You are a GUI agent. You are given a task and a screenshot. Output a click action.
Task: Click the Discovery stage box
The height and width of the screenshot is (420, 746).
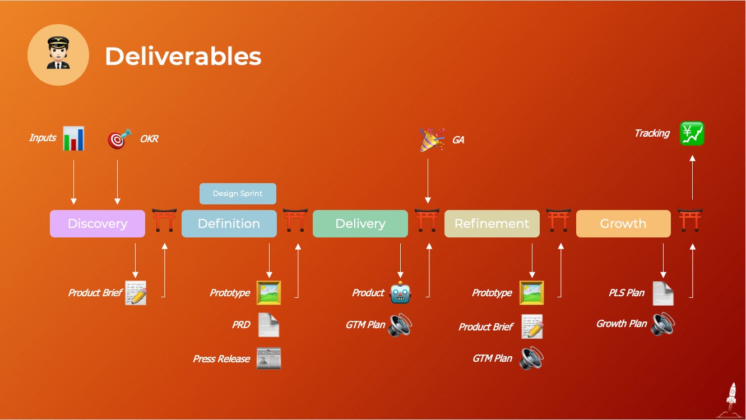click(x=98, y=223)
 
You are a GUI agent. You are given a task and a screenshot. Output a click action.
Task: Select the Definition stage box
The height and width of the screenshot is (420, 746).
click(x=229, y=223)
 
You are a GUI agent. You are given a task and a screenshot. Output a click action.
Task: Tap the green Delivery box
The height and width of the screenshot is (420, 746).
click(x=360, y=223)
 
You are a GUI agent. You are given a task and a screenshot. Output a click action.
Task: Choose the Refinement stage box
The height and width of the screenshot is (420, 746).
click(x=492, y=223)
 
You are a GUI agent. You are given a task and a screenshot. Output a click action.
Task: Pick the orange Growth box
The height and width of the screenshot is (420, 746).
click(x=623, y=223)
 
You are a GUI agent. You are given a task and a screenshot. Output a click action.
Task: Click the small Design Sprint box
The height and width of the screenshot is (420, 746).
click(x=238, y=194)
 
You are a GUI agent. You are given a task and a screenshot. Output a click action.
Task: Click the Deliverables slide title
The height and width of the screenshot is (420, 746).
click(x=183, y=56)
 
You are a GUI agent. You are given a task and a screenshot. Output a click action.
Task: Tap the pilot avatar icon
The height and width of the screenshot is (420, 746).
click(x=58, y=55)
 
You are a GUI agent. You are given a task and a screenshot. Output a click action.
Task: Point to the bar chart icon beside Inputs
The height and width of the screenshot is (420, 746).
click(x=73, y=138)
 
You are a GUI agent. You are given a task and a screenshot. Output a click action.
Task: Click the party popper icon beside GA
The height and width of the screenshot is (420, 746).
click(x=432, y=139)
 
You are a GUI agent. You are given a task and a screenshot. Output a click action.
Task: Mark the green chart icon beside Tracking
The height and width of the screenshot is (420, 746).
click(x=692, y=134)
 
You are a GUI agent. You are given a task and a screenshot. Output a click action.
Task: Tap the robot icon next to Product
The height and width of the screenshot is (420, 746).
click(x=400, y=293)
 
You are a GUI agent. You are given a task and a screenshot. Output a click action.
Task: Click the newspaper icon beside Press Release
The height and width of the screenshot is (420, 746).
click(x=268, y=358)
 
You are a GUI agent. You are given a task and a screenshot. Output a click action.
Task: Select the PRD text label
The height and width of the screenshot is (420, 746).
click(x=241, y=325)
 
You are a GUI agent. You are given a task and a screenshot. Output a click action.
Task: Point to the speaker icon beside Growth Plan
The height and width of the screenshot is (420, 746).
click(x=662, y=324)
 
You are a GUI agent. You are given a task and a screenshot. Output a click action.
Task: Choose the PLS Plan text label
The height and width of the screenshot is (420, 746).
click(x=627, y=293)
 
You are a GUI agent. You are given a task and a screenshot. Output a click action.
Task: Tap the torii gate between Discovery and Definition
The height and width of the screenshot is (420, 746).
click(x=164, y=220)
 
